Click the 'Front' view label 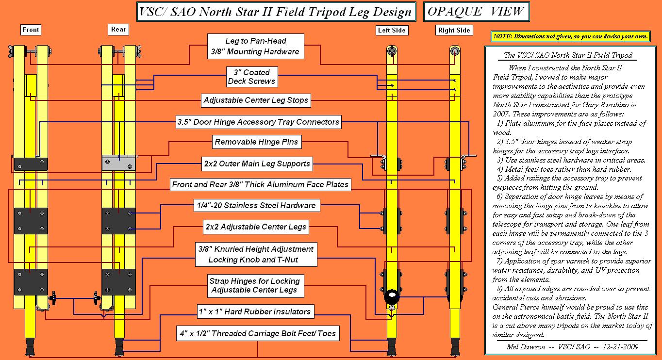point(31,30)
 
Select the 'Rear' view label point(118,30)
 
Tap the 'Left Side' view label point(392,31)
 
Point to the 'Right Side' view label point(454,31)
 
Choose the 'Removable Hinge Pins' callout point(257,143)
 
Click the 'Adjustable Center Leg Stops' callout point(256,101)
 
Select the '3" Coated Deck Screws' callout point(252,77)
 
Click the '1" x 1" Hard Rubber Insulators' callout point(254,311)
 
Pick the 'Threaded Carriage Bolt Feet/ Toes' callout point(257,334)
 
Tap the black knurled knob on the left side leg point(391,296)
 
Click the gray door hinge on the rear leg point(118,163)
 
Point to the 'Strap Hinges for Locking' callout point(254,286)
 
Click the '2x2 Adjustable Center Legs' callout point(256,227)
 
